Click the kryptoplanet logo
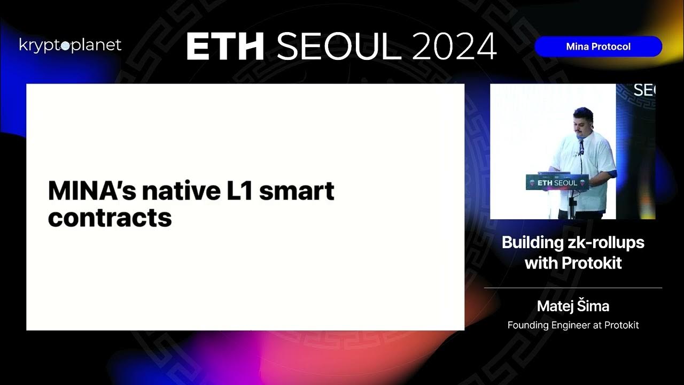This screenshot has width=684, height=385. (70, 45)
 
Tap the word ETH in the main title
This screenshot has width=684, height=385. (225, 47)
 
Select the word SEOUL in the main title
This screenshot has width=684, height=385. (339, 47)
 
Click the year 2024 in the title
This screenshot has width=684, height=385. (455, 47)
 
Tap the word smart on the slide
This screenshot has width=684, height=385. (297, 191)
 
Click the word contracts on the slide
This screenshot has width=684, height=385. (110, 218)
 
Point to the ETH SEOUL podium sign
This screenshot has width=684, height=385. (557, 182)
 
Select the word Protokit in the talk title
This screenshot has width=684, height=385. (592, 263)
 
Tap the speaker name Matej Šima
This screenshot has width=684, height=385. (573, 306)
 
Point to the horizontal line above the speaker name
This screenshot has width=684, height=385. (573, 288)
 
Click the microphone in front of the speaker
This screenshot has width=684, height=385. (581, 143)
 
